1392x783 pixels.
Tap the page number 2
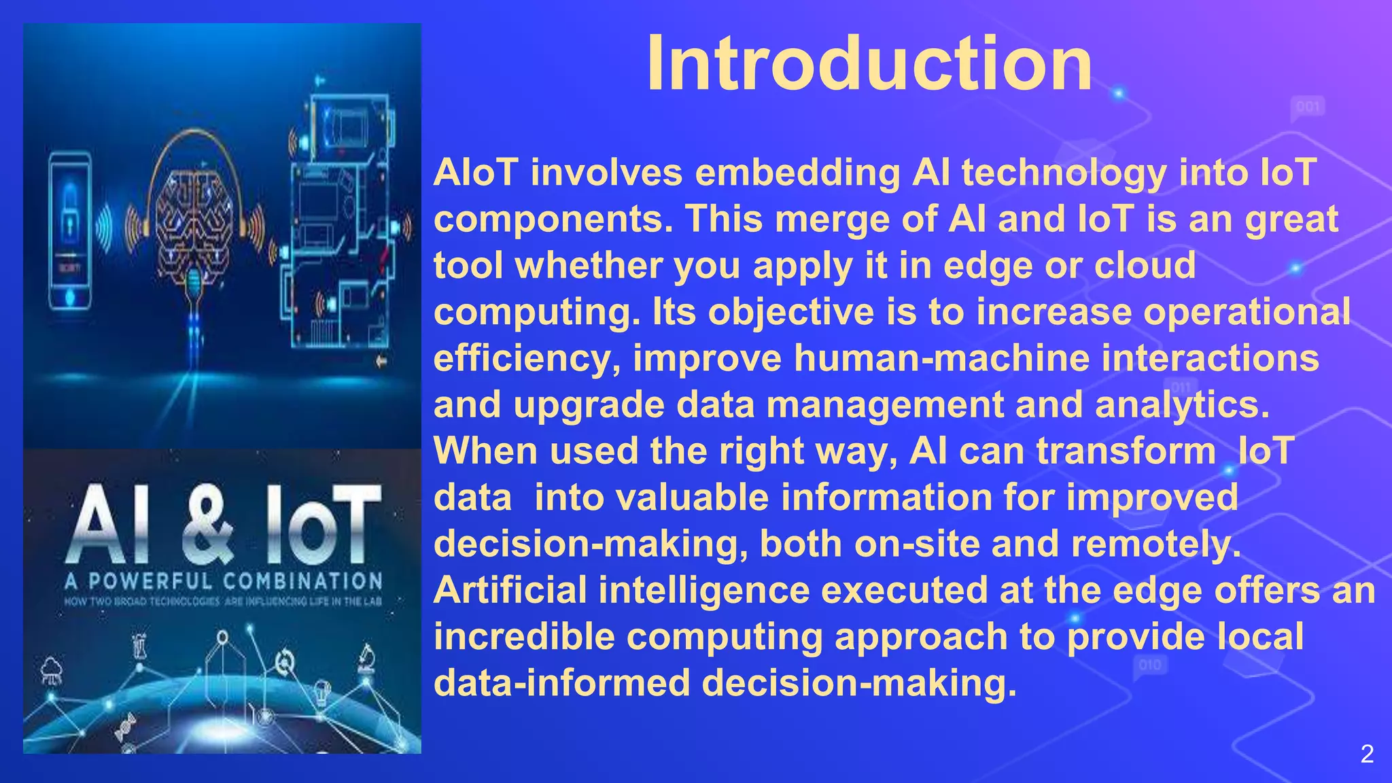pos(1367,754)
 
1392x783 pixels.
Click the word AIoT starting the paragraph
pos(476,172)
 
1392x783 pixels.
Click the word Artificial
pos(510,590)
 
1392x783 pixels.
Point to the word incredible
pos(524,637)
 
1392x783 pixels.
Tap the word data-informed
pos(561,682)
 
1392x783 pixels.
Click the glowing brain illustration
pos(194,224)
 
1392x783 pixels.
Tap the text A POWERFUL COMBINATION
pos(224,581)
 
